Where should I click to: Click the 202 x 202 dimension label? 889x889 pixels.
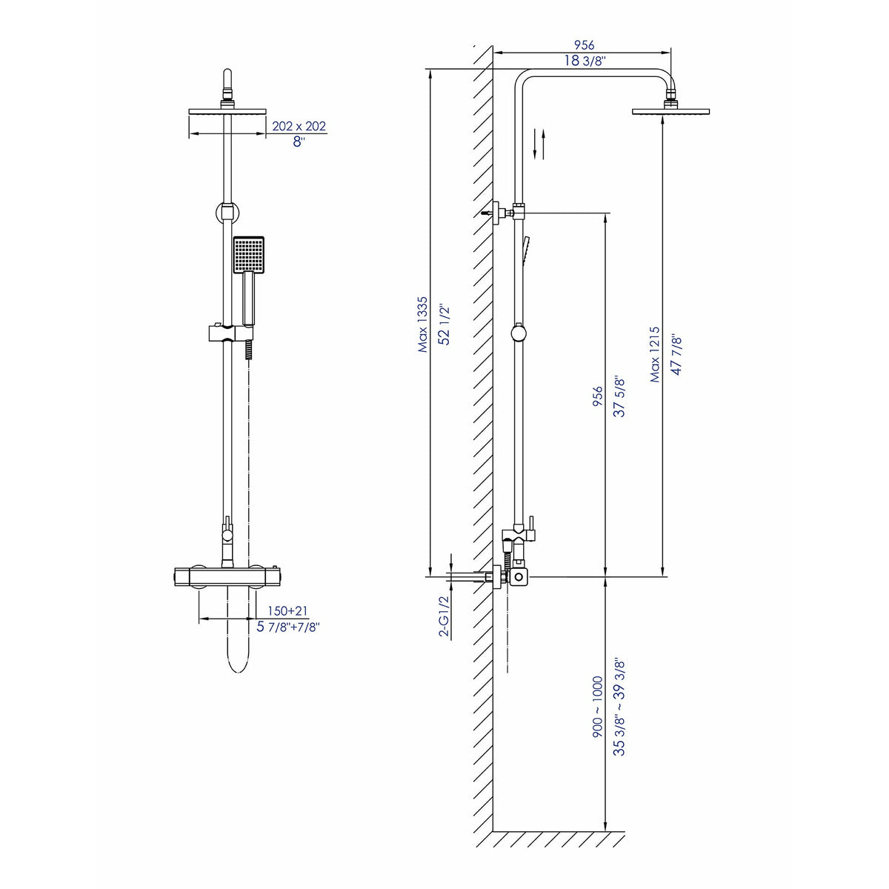tap(299, 126)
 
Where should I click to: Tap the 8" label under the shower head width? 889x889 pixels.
tap(299, 142)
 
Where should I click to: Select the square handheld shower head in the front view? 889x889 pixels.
tap(248, 253)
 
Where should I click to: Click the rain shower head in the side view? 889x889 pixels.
tap(670, 112)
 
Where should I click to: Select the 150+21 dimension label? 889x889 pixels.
tap(288, 610)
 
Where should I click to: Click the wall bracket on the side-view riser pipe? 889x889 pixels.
tap(505, 213)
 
